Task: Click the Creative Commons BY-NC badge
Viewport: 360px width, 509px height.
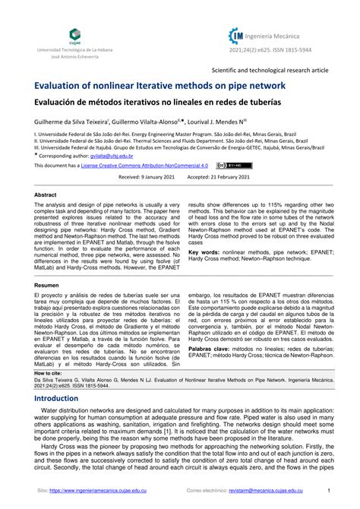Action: [231, 165]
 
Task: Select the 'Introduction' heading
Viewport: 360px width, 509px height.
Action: [62, 398]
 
